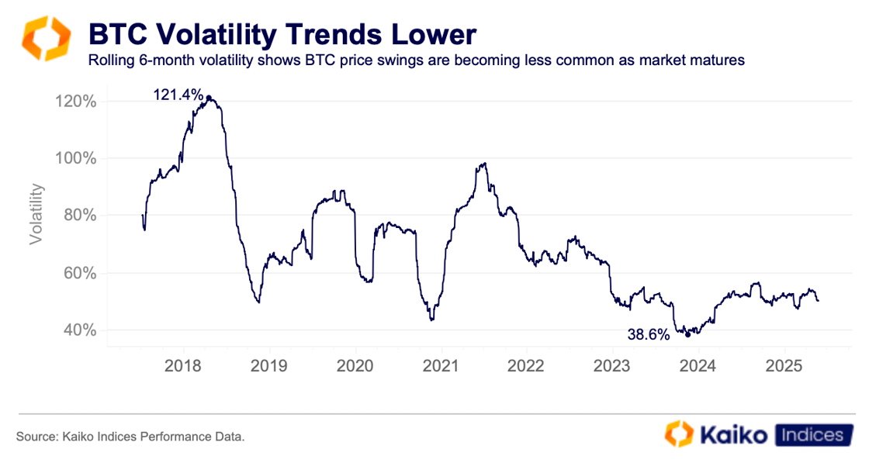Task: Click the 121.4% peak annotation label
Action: pyautogui.click(x=178, y=95)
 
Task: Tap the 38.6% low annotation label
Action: pyautogui.click(x=648, y=335)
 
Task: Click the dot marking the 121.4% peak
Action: pyautogui.click(x=209, y=98)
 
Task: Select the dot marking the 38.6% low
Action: pyautogui.click(x=687, y=335)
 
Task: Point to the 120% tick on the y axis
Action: pyautogui.click(x=75, y=102)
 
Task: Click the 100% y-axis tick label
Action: pyautogui.click(x=75, y=158)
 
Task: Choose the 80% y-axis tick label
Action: pyautogui.click(x=78, y=216)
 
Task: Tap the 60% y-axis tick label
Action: pyautogui.click(x=78, y=273)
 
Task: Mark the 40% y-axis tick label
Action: pyautogui.click(x=78, y=330)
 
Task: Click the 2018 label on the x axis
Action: pyautogui.click(x=184, y=365)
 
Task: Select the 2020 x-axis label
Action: pyautogui.click(x=355, y=365)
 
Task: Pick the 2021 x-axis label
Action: pyautogui.click(x=441, y=365)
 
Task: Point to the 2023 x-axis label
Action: pyautogui.click(x=612, y=365)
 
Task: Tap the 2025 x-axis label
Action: pyautogui.click(x=784, y=365)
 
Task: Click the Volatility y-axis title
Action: pyautogui.click(x=36, y=215)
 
